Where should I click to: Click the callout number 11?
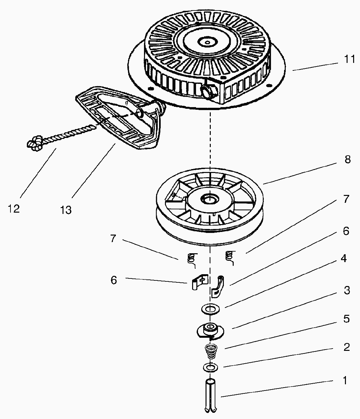(349, 59)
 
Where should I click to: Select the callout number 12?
(14, 208)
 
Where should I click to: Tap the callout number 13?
(66, 210)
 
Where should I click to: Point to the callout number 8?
(347, 160)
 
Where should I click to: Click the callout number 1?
(344, 380)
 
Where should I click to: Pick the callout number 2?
(347, 347)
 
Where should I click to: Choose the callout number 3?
(347, 290)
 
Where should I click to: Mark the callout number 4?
(343, 258)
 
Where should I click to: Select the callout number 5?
(347, 319)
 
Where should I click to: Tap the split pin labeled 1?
(210, 396)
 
